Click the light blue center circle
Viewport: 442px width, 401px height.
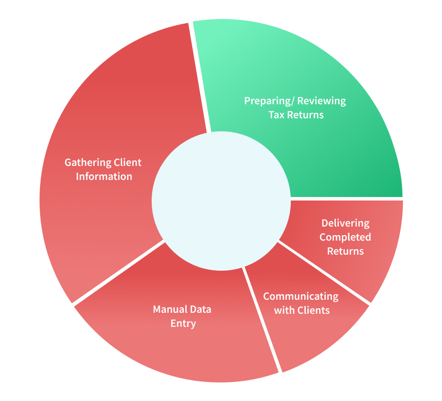pos(221,200)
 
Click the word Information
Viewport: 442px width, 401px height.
pos(104,176)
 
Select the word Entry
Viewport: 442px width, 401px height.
pos(183,324)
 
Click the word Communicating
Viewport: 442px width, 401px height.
pos(301,297)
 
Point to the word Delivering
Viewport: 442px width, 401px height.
pos(345,224)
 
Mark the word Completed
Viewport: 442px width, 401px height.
pos(345,237)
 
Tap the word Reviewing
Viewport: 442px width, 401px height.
pos(322,101)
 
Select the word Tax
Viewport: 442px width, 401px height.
pos(276,115)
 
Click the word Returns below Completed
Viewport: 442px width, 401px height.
pos(345,251)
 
